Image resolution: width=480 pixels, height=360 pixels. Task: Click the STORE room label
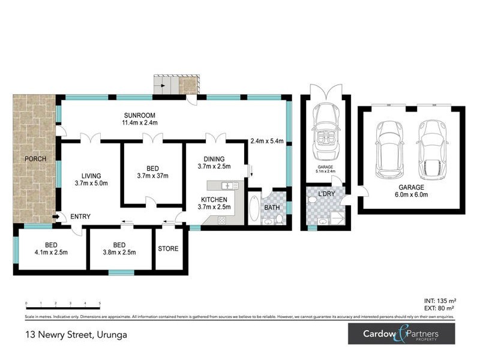(x=167, y=248)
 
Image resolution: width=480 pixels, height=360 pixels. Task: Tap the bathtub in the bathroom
(x=254, y=209)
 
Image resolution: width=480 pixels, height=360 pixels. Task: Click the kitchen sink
(x=227, y=186)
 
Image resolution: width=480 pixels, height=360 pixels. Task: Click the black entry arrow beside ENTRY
(x=56, y=217)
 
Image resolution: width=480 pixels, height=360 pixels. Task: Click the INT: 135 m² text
(x=439, y=300)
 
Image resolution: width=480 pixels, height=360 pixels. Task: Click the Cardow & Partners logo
(x=401, y=335)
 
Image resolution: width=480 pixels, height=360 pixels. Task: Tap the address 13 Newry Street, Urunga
(x=76, y=335)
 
